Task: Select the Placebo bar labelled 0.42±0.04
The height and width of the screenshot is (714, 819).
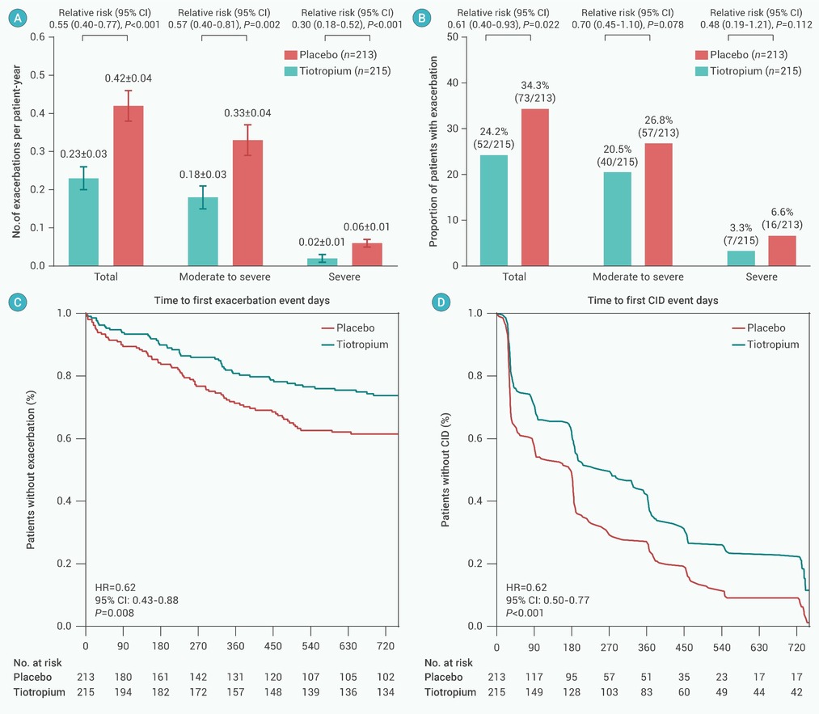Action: (128, 185)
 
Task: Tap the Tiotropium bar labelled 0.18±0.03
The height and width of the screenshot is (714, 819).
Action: (203, 231)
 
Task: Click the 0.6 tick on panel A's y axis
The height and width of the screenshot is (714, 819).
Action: (36, 37)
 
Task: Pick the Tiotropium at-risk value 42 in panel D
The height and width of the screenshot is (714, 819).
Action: (797, 693)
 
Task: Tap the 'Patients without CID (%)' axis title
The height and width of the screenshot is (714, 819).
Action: (445, 470)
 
